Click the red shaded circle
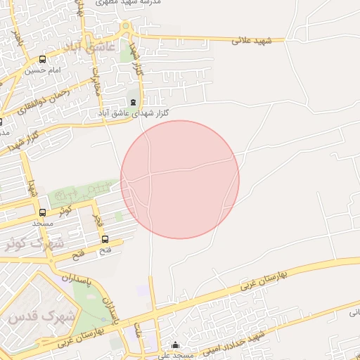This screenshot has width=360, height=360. click(180, 179)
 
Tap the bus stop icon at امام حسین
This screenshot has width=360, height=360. click(43, 60)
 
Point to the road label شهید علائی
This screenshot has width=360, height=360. click(255, 42)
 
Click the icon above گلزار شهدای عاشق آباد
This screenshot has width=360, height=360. click(134, 102)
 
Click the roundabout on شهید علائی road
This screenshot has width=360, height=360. click(126, 28)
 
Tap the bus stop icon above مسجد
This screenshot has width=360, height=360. click(43, 212)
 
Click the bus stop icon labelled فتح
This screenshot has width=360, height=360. click(105, 239)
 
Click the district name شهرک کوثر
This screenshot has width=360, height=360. click(34, 243)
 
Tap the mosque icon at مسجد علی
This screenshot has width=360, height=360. click(176, 345)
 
